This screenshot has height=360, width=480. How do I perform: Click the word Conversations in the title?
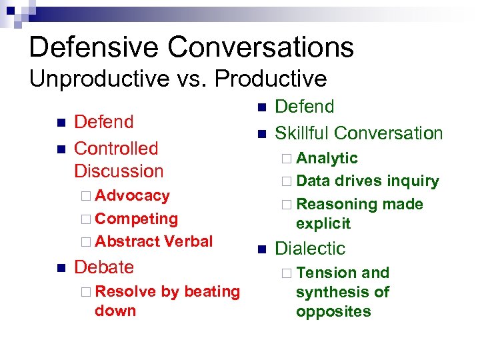(x=261, y=47)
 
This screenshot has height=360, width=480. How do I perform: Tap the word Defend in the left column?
(x=104, y=122)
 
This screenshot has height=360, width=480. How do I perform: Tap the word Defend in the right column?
(x=305, y=107)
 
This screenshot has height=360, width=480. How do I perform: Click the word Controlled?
(x=116, y=148)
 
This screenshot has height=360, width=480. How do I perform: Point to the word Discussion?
(x=119, y=171)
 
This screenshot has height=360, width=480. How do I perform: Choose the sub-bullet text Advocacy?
(x=132, y=195)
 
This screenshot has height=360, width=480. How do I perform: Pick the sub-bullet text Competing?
(x=136, y=219)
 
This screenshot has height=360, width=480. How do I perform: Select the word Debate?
(x=104, y=267)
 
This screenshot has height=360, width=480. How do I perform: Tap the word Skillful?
(x=302, y=133)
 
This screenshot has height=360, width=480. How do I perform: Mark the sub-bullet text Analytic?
(x=327, y=158)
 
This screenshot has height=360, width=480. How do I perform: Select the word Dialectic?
(x=310, y=249)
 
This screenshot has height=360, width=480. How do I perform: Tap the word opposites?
(x=333, y=311)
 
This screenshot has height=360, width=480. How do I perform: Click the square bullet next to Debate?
(x=61, y=268)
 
